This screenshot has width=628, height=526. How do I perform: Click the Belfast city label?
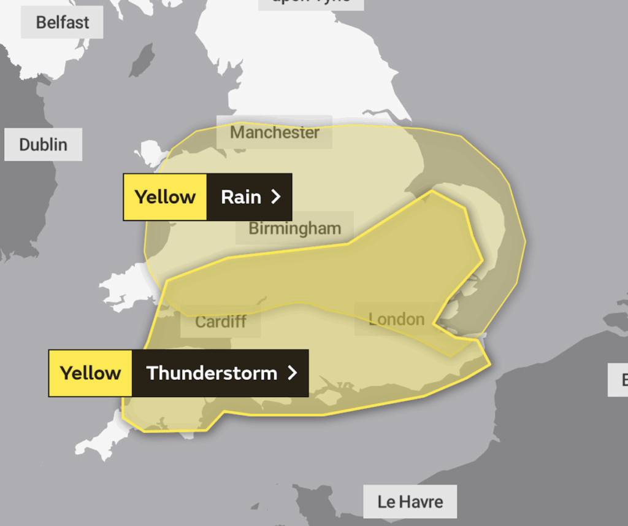(62, 23)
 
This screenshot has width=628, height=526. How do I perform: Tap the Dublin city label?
(43, 145)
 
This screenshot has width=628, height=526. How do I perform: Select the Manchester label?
(274, 132)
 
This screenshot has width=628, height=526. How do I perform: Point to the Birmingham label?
(294, 228)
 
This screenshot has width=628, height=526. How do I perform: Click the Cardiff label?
(221, 321)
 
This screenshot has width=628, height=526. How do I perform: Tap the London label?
(396, 319)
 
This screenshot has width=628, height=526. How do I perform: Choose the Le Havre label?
(410, 501)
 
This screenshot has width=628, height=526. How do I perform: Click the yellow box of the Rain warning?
(165, 197)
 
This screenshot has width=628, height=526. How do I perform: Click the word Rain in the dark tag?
(241, 197)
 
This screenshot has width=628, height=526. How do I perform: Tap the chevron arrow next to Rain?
(276, 197)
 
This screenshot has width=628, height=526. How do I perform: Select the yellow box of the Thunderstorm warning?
(90, 373)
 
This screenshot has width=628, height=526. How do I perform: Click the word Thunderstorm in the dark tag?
(212, 373)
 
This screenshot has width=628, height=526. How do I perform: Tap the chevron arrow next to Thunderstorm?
(293, 373)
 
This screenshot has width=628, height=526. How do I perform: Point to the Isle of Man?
(142, 60)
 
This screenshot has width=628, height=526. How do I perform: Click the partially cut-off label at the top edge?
(310, 2)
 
